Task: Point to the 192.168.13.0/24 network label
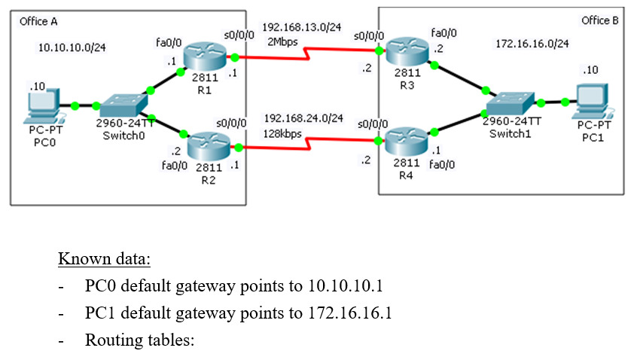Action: tap(301, 28)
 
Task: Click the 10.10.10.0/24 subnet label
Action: tap(72, 47)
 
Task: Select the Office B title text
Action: tap(599, 20)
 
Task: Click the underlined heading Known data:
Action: tap(104, 261)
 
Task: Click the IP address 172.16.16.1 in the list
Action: tap(350, 313)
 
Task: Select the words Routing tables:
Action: tap(139, 340)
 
